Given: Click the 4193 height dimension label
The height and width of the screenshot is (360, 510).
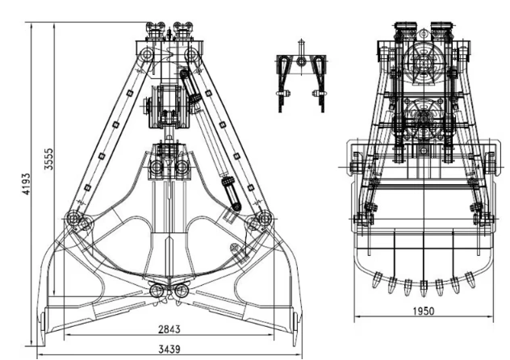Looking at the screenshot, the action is click(27, 184).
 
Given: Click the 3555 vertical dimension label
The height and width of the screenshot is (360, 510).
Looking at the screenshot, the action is click(48, 159).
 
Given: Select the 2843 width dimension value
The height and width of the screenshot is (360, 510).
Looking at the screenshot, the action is click(169, 329).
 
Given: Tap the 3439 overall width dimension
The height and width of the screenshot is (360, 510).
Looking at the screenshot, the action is click(169, 350).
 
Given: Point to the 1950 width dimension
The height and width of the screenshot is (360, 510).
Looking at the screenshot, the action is click(424, 312).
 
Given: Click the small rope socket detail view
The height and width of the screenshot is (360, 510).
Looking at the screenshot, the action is click(301, 77).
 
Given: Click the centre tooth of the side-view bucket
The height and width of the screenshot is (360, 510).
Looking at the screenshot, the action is click(423, 288).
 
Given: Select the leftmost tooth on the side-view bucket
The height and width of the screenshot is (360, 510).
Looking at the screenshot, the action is click(377, 279).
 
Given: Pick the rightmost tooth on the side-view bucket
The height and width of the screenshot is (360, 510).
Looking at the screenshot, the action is click(470, 279).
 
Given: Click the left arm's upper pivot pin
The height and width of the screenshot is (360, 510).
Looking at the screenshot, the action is click(146, 53).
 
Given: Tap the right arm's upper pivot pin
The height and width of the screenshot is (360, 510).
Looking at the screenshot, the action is click(192, 53).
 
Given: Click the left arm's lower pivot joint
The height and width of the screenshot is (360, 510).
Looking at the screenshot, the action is click(73, 218).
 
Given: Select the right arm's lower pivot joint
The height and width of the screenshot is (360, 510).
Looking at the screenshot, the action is click(263, 218).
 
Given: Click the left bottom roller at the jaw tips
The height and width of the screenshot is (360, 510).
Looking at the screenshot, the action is click(157, 291).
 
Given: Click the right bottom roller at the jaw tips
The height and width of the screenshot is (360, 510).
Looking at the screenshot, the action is click(181, 291).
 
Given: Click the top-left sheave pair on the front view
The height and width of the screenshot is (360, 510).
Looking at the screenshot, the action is click(156, 30).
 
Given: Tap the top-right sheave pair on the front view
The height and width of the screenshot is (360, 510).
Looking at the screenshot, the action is click(183, 30).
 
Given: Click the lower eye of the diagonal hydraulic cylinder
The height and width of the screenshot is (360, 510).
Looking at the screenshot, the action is click(236, 207).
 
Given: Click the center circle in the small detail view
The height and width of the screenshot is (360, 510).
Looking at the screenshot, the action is click(302, 61).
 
